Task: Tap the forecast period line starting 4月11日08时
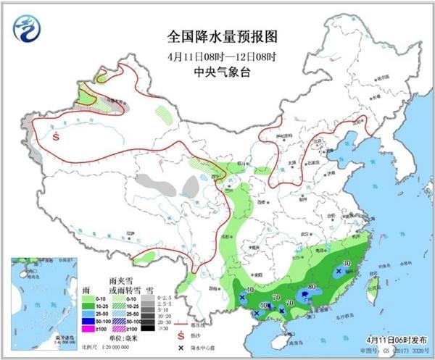coord(217,56)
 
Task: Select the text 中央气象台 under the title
coord(217,72)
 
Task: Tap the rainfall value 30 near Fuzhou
coord(347,264)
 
